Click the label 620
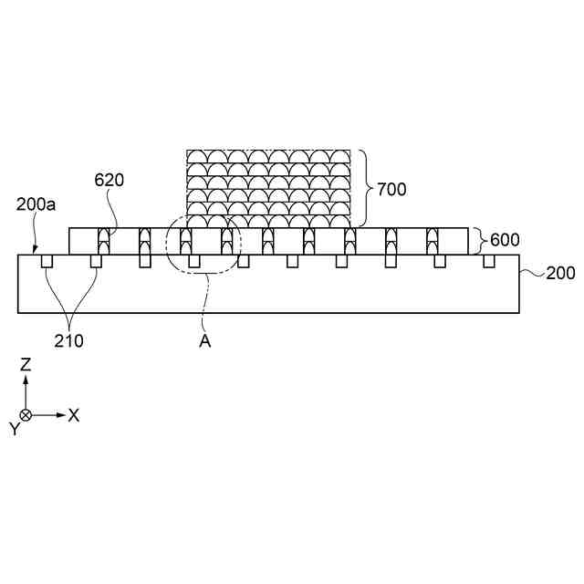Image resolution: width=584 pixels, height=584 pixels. [x=109, y=180]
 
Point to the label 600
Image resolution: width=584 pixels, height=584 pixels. [x=505, y=241]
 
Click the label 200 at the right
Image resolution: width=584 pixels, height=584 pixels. [x=560, y=273]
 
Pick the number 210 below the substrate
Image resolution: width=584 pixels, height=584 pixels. [x=68, y=342]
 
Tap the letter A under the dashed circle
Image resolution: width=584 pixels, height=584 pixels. [x=206, y=341]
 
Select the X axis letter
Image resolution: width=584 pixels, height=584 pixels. [x=75, y=415]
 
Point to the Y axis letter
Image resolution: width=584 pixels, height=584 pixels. [x=15, y=429]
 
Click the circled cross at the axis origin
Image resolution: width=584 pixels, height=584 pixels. [x=26, y=415]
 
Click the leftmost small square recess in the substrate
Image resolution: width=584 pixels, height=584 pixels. [x=47, y=262]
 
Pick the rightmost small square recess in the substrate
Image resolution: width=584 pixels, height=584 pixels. [x=489, y=262]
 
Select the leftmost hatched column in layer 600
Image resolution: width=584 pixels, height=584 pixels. [x=103, y=242]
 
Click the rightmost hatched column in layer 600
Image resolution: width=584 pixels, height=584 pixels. [x=432, y=242]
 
